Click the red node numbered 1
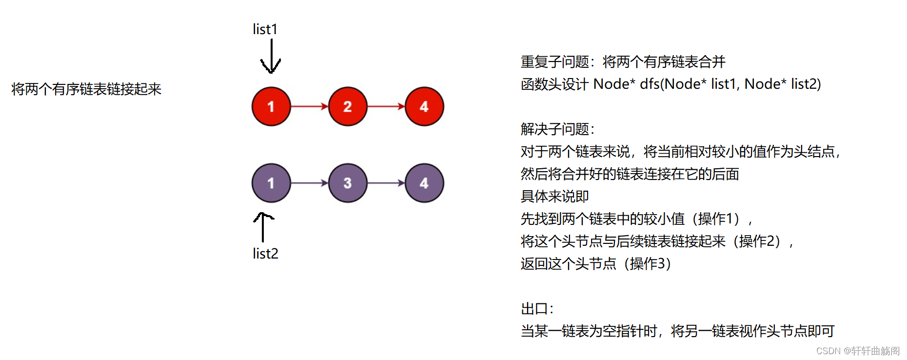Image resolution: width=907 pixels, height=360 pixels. click(271, 106)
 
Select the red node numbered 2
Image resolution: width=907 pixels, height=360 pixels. click(348, 106)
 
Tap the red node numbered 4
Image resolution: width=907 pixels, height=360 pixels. click(424, 106)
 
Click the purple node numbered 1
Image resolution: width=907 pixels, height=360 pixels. click(271, 183)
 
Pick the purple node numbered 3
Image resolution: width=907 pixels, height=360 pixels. click(348, 183)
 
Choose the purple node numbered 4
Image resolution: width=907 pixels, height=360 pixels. click(424, 183)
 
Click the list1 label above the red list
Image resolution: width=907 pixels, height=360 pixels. click(265, 29)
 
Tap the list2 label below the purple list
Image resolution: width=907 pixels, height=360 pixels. click(265, 254)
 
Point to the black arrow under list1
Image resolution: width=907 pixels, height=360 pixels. click(271, 56)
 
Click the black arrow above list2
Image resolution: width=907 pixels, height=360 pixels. click(263, 227)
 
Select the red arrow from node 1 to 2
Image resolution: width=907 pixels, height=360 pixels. click(310, 106)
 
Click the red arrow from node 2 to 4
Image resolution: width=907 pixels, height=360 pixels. click(386, 106)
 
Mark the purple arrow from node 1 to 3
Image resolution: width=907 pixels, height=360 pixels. click(310, 183)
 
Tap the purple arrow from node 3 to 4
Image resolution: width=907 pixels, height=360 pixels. click(386, 183)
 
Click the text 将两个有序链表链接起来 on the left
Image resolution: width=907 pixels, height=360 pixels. click(86, 89)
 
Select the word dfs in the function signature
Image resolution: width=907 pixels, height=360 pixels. click(650, 84)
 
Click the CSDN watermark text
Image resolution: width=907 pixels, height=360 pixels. click(858, 351)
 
